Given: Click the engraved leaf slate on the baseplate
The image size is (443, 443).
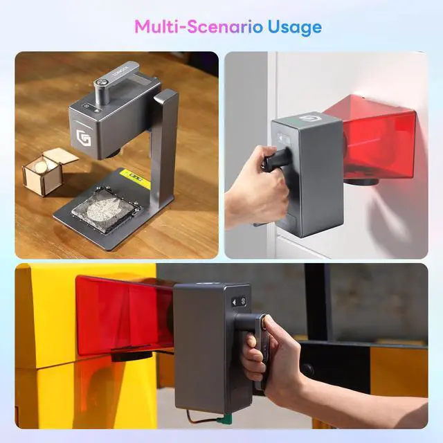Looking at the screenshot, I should point(104,208).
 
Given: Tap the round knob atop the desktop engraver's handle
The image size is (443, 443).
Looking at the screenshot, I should point(101,82).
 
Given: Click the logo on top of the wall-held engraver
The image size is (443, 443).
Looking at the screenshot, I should point(305,118).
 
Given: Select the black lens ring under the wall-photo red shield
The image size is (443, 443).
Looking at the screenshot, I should point(363,182).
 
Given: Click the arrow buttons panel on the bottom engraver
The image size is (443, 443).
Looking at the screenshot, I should point(240,302).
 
